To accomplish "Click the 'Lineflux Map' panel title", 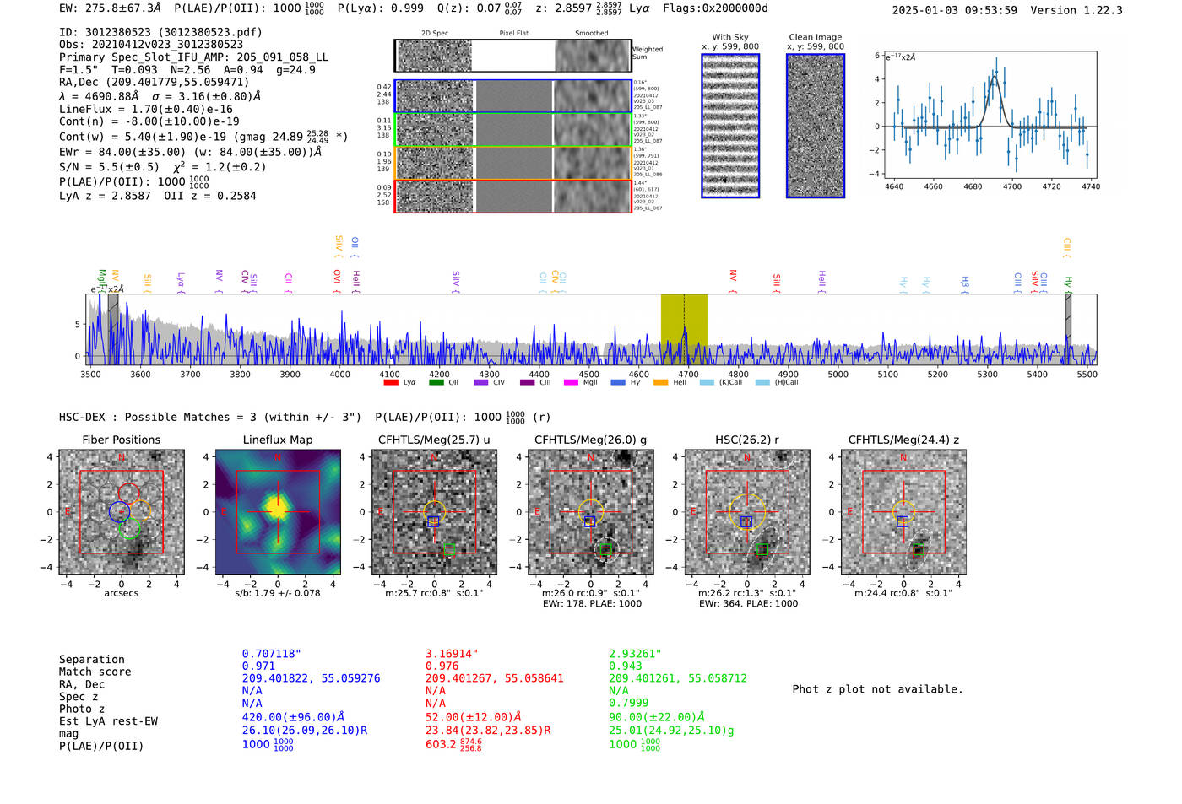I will click(277, 440).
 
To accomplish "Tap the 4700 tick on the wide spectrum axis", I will click(688, 374).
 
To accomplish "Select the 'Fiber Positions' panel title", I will click(121, 440).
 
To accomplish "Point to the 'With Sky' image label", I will click(729, 37).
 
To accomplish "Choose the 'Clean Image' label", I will click(815, 37).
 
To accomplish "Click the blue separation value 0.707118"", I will click(271, 654).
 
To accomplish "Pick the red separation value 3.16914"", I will click(451, 654).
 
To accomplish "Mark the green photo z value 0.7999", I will click(628, 703).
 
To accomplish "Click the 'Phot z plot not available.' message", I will click(877, 689).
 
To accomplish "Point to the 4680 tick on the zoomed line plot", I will click(973, 186).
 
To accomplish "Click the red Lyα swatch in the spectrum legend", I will click(391, 382).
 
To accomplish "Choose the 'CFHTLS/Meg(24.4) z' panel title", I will click(903, 440).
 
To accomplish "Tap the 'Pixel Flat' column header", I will click(513, 34).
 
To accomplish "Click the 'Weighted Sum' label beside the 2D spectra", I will click(647, 53).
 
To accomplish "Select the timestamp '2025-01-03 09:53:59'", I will click(954, 10).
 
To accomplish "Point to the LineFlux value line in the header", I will click(146, 109).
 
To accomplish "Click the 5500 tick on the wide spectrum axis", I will click(1087, 374).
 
